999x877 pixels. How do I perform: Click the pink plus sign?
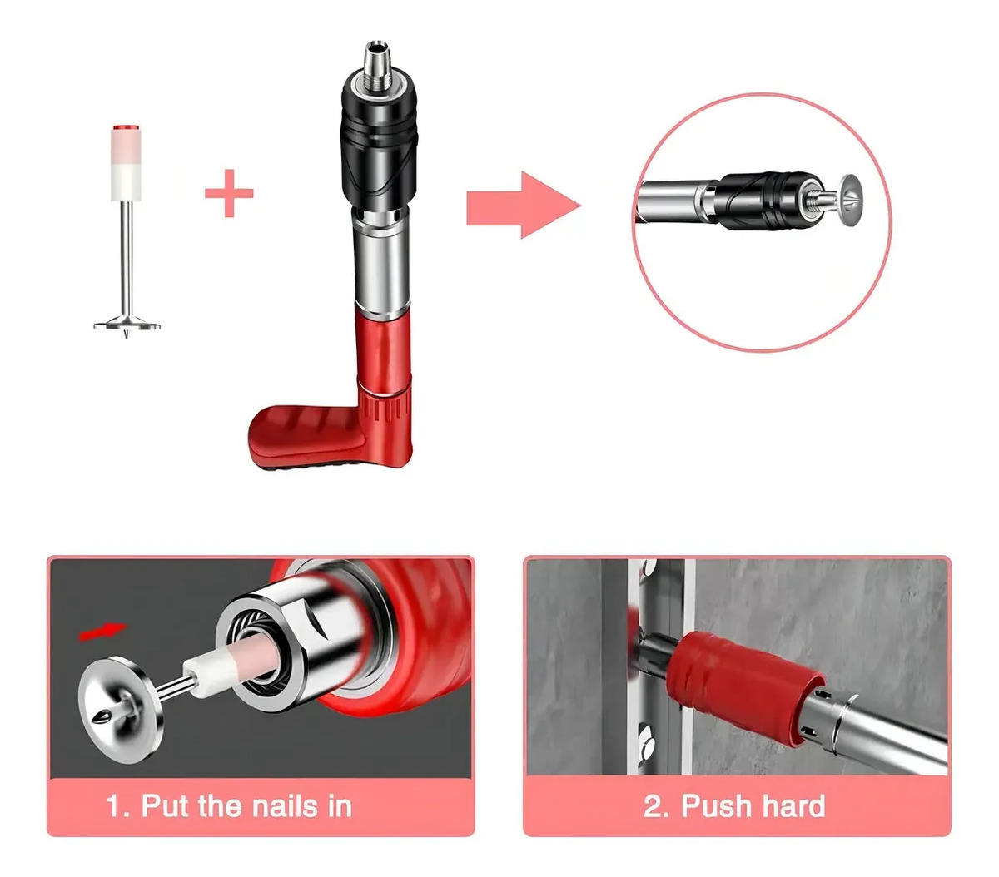coord(229,193)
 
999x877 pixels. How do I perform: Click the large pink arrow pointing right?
coord(523,205)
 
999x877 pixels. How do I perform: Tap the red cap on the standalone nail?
coord(127,127)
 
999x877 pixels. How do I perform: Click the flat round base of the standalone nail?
coord(127,325)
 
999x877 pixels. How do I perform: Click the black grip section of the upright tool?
coord(379,143)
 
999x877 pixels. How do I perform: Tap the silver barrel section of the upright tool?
coord(381,261)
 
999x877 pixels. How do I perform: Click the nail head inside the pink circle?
coord(851,200)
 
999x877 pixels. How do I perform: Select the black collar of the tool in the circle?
coord(764,201)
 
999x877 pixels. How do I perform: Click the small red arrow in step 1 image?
coord(102,631)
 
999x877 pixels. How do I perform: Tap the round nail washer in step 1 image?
coord(121,709)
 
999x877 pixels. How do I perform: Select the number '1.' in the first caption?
coord(117,806)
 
